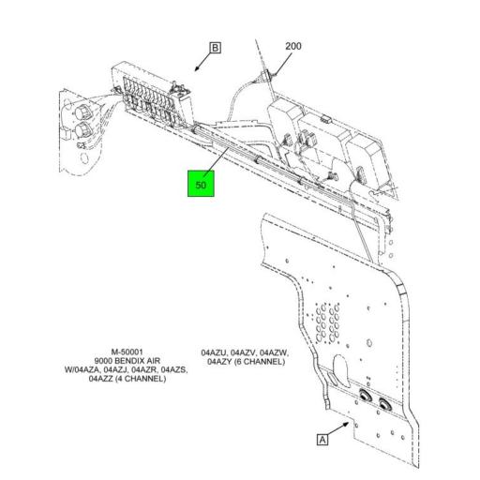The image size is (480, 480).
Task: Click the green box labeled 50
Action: [x=201, y=184]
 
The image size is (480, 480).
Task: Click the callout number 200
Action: [x=293, y=45]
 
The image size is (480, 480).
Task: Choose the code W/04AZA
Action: [x=84, y=370]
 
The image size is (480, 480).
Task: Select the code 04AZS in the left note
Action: [x=175, y=370]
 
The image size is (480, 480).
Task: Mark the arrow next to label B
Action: [x=198, y=66]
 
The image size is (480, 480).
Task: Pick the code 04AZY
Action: [x=219, y=361]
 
